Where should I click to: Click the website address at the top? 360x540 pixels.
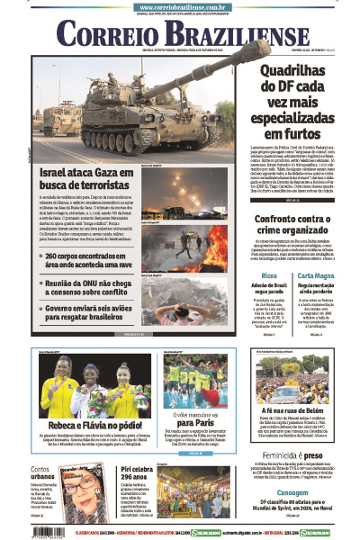179,5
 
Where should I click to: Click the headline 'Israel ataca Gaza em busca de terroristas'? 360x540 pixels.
86,178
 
